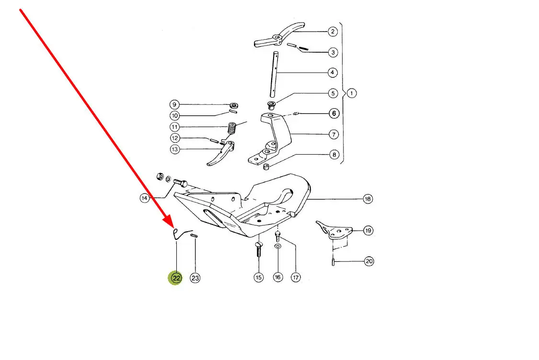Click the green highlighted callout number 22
pos(176,278)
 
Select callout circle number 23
pos(195,278)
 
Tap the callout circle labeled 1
pos(351,93)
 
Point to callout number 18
pos(368,199)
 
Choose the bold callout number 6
pos(334,113)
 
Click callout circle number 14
pos(144,198)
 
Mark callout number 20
pos(369,261)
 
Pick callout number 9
pos(174,104)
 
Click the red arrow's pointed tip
pos(173,227)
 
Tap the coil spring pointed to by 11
pos(233,129)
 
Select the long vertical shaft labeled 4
pos(275,75)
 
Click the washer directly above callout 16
pos(278,246)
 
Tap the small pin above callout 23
pos(194,236)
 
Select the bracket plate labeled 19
pos(334,229)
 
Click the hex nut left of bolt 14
pos(160,177)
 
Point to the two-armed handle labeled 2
pos(279,36)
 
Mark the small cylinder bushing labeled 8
pos(266,167)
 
